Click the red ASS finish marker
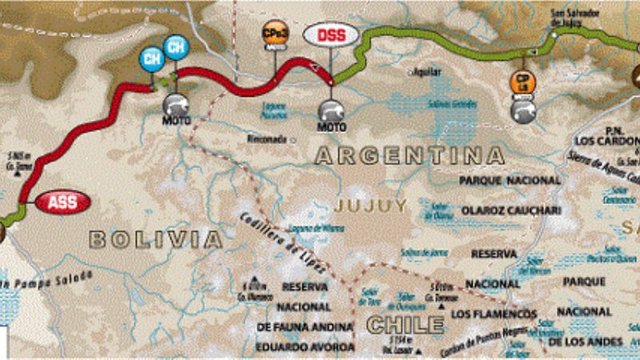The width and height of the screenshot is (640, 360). pyautogui.click(x=62, y=202)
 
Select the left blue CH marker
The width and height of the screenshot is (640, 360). pyautogui.click(x=150, y=58)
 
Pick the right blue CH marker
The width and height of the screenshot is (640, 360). pyautogui.click(x=176, y=46)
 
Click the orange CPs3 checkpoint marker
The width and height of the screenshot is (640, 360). pyautogui.click(x=272, y=34)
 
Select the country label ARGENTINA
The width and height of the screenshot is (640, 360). pyautogui.click(x=410, y=155)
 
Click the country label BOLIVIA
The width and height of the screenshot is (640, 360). pyautogui.click(x=155, y=238)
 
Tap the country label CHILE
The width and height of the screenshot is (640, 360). pyautogui.click(x=405, y=325)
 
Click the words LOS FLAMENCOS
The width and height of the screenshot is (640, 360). pyautogui.click(x=503, y=313)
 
